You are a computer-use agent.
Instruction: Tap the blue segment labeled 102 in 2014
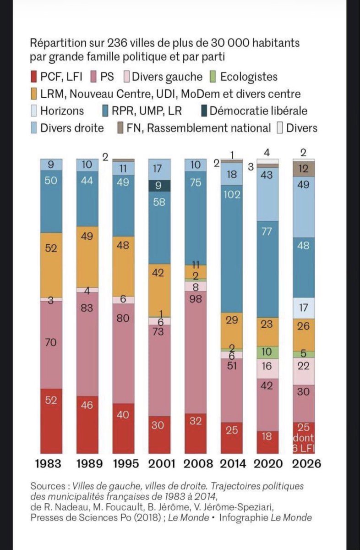(x=231, y=247)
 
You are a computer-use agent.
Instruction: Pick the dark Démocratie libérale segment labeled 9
(x=159, y=186)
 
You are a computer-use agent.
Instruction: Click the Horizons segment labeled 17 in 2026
(x=304, y=308)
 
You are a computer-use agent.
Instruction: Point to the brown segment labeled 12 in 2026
(x=304, y=169)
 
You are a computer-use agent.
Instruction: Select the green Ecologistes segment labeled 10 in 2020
(x=267, y=352)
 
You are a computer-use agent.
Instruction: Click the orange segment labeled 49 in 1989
(x=87, y=257)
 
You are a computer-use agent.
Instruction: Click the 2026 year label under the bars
(x=303, y=463)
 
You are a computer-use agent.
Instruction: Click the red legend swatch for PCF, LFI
(x=33, y=77)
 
